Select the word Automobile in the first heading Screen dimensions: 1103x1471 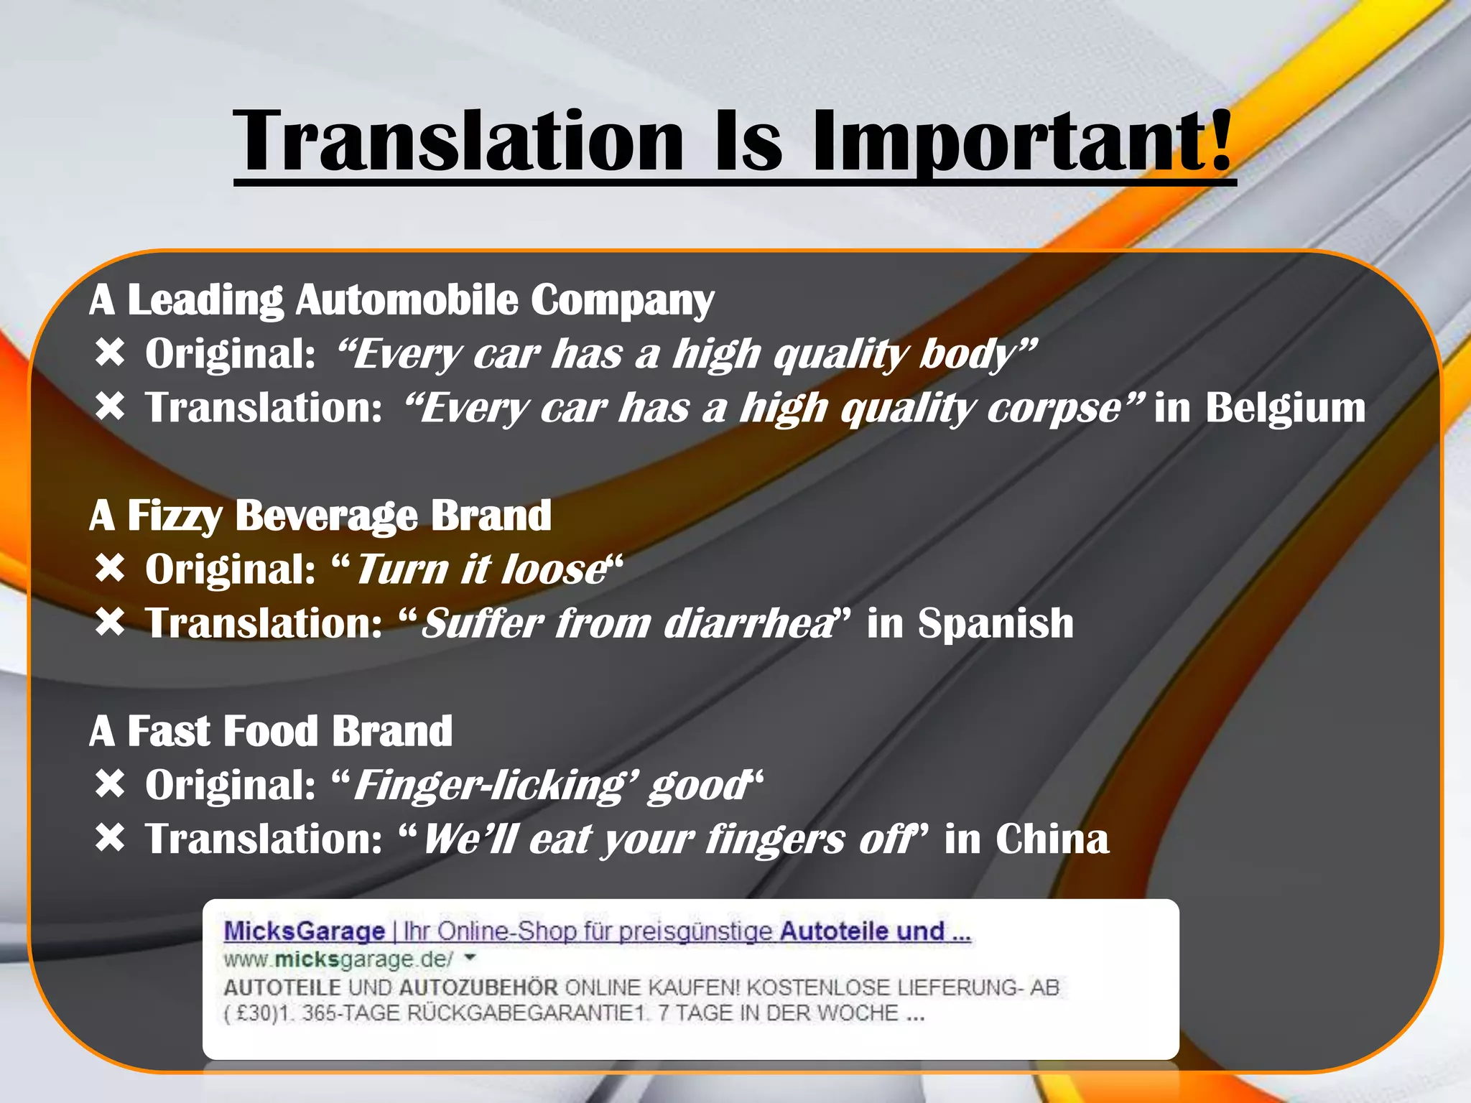pos(407,299)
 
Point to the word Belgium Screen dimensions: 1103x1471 pos(1285,408)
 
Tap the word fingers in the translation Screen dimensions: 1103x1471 pos(775,839)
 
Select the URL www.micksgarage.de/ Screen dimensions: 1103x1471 pos(338,959)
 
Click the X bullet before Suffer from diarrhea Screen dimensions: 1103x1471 pos(110,622)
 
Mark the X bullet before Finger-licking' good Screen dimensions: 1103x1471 pos(110,783)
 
